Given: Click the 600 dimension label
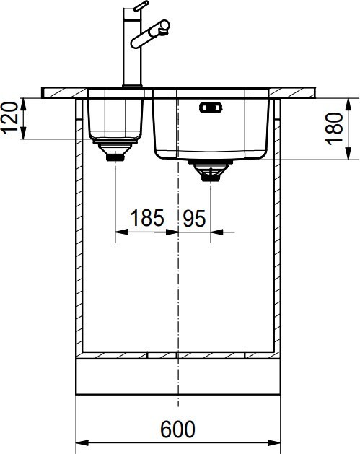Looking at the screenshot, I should point(177,429).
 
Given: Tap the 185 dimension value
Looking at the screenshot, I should point(146,217).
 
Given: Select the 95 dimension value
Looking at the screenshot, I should point(194,217).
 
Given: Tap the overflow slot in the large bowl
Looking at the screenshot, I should point(211,109).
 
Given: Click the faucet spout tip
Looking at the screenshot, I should point(165,27).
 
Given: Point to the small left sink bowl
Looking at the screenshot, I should point(114,118).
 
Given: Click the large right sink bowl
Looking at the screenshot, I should point(211,130).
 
